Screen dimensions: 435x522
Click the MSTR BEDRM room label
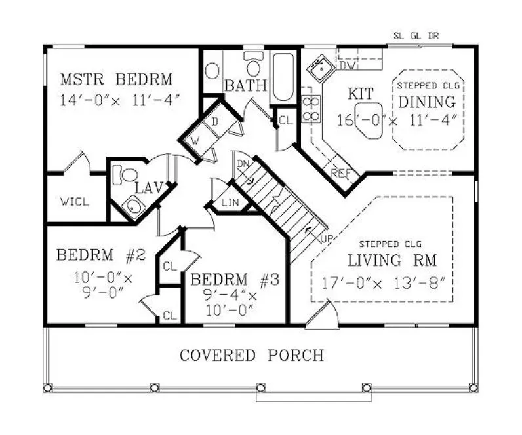pyautogui.click(x=116, y=80)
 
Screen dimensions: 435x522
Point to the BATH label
pyautogui.click(x=246, y=85)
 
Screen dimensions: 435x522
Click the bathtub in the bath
pyautogui.click(x=283, y=77)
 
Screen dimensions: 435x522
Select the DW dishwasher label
pyautogui.click(x=348, y=66)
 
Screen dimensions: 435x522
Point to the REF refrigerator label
pyautogui.click(x=340, y=174)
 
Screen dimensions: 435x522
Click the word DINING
pyautogui.click(x=427, y=102)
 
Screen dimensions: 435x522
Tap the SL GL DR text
pyautogui.click(x=416, y=36)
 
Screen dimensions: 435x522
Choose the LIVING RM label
pyautogui.click(x=384, y=260)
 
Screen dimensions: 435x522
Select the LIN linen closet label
pyautogui.click(x=230, y=204)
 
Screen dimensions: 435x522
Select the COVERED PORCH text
pyautogui.click(x=251, y=356)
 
